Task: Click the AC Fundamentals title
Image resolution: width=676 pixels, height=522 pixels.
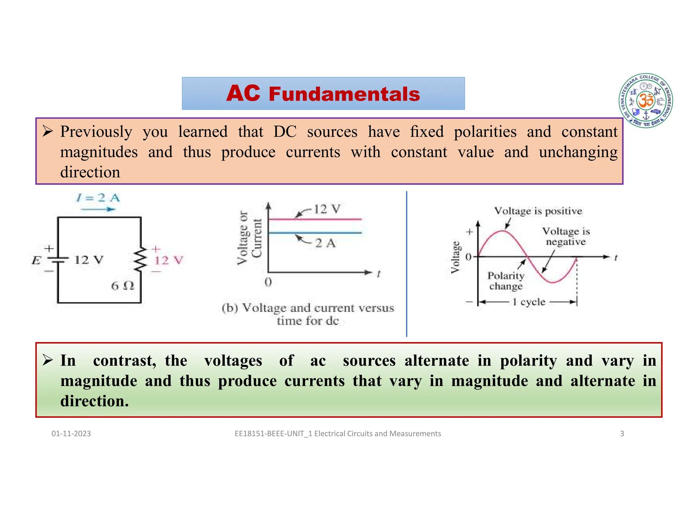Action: pyautogui.click(x=323, y=94)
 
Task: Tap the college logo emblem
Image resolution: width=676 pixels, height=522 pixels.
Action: pyautogui.click(x=646, y=101)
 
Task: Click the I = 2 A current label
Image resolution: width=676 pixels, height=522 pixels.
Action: pyautogui.click(x=98, y=198)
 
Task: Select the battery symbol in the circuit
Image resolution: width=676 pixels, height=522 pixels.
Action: pyautogui.click(x=58, y=259)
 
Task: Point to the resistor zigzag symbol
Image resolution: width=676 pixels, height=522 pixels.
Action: pyautogui.click(x=141, y=260)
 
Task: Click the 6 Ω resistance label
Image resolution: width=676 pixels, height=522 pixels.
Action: pyautogui.click(x=122, y=286)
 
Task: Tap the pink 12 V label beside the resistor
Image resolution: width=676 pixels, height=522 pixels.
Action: pyautogui.click(x=169, y=260)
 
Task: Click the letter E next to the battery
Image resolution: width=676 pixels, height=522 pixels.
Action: pyautogui.click(x=36, y=261)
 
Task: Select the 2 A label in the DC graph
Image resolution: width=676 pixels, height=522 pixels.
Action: pyautogui.click(x=325, y=244)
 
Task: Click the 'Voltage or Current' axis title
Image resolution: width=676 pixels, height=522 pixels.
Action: pyautogui.click(x=250, y=238)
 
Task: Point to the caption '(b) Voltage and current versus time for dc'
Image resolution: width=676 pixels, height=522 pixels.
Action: pyautogui.click(x=308, y=314)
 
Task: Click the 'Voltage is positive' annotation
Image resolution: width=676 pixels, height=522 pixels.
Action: pyautogui.click(x=538, y=211)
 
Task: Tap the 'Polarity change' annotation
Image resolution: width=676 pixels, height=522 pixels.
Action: pyautogui.click(x=506, y=281)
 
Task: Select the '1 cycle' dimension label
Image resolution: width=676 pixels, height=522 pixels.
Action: pyautogui.click(x=529, y=302)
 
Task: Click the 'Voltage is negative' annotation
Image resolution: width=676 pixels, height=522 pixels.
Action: pyautogui.click(x=566, y=236)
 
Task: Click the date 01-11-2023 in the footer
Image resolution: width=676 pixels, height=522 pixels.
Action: pyautogui.click(x=71, y=434)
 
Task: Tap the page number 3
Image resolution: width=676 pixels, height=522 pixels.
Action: pyautogui.click(x=622, y=434)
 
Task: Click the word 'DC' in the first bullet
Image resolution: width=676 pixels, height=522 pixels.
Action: pyautogui.click(x=285, y=132)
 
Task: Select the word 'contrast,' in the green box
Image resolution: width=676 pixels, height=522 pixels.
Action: pyautogui.click(x=124, y=361)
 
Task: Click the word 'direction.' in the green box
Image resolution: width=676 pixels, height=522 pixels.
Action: pyautogui.click(x=94, y=401)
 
